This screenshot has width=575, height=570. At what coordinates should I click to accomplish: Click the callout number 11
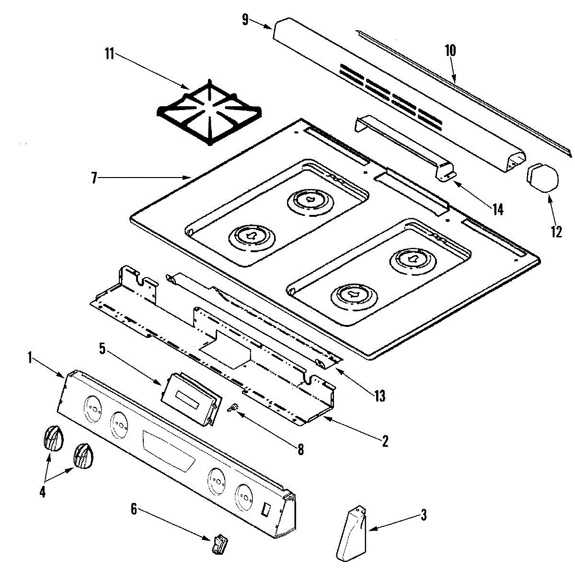(109, 54)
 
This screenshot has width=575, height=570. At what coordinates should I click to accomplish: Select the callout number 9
(245, 20)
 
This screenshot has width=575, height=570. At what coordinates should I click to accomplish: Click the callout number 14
(498, 209)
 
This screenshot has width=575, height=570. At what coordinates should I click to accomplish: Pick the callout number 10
(450, 50)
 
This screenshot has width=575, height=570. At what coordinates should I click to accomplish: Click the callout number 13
(379, 396)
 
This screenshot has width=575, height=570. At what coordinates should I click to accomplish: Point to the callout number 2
(384, 440)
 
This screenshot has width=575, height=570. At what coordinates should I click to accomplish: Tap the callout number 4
(43, 491)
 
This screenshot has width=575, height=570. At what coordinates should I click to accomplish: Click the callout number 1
(30, 358)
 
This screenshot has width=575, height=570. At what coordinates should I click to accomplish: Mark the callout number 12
(556, 232)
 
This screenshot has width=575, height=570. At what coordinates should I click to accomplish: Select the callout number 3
(423, 515)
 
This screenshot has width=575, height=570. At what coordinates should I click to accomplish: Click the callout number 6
(134, 509)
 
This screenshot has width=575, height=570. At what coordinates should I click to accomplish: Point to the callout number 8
(300, 449)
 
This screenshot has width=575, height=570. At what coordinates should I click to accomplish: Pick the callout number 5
(102, 348)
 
